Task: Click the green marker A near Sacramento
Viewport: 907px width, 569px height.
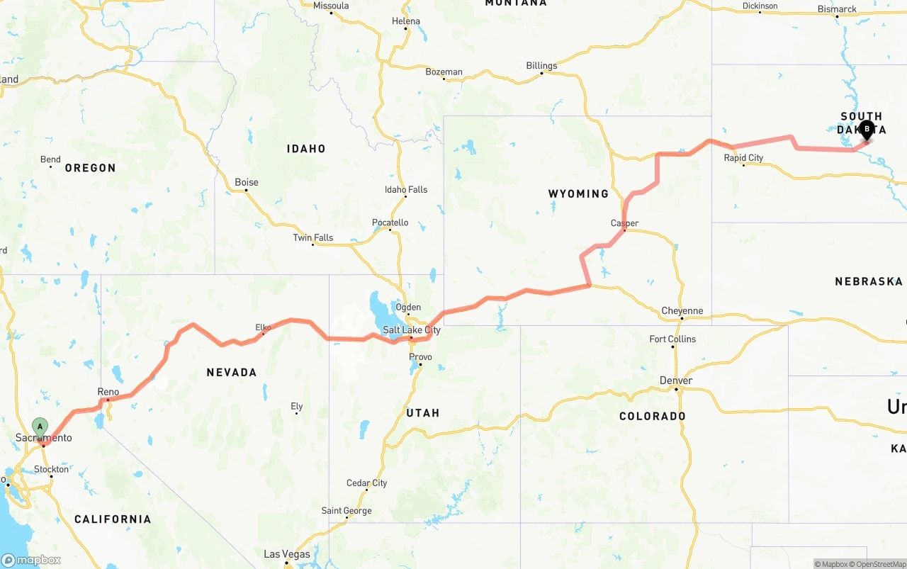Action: point(40,427)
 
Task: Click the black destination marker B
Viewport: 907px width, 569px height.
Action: point(866,130)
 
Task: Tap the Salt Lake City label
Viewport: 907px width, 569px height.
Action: point(411,330)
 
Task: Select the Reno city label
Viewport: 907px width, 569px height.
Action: point(108,392)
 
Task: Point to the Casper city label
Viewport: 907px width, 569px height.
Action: point(624,223)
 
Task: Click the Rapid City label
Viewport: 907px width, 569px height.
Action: point(743,158)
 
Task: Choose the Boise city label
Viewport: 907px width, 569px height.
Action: point(247,182)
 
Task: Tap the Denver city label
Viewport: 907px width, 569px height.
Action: point(675,381)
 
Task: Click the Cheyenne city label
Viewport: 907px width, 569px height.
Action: point(682,310)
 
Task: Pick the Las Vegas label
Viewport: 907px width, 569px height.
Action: point(286,554)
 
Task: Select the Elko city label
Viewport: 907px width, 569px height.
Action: point(263,327)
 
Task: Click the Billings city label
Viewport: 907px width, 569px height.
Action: point(541,66)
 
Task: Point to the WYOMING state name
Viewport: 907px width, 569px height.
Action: point(578,193)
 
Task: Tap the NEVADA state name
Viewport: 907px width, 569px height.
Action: point(231,372)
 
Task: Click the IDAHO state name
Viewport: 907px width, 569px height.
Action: point(306,149)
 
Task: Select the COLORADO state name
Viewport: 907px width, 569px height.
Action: point(652,416)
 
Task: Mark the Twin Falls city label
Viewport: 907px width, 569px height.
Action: point(312,237)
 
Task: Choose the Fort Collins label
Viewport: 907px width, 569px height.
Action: point(672,339)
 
